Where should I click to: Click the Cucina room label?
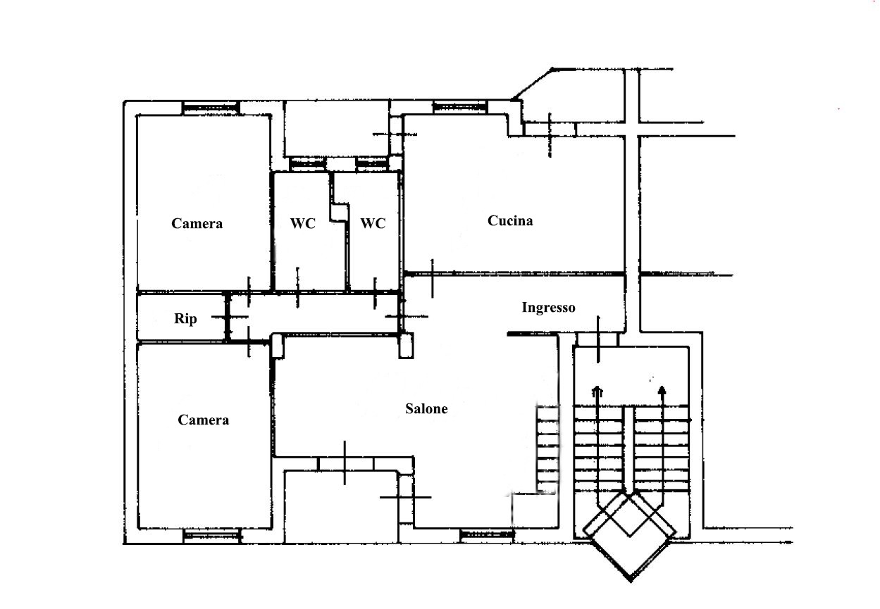[510, 220]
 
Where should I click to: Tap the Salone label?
[426, 409]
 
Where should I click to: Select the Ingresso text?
[548, 308]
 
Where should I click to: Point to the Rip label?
[185, 318]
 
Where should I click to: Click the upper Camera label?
[197, 223]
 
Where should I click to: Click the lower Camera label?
[203, 420]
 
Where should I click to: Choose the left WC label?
[303, 223]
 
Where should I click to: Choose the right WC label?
[373, 223]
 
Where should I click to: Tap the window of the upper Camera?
[211, 107]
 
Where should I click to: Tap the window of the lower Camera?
[212, 536]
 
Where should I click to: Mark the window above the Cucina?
[459, 106]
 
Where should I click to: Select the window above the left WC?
[308, 164]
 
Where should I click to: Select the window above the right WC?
[372, 164]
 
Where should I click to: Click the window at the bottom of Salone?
[487, 534]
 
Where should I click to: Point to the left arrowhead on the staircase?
[597, 391]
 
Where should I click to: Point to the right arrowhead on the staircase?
[662, 390]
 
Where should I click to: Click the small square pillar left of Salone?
[278, 346]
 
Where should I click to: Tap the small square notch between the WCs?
[340, 213]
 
